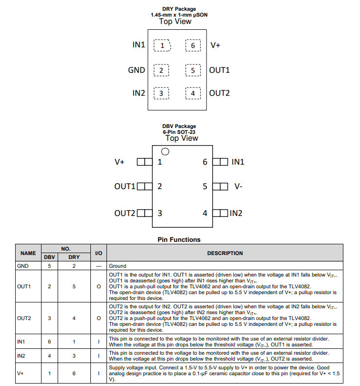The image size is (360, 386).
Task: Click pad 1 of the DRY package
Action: coord(162,45)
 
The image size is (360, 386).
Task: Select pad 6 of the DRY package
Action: coord(193,45)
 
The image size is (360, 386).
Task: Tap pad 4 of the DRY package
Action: coord(193,93)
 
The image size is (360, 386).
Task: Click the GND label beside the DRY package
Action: coord(136,70)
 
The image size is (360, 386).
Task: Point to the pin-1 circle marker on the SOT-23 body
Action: coord(165,151)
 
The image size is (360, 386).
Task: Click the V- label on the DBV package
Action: coord(238,186)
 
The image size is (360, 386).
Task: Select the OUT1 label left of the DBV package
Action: coord(125,186)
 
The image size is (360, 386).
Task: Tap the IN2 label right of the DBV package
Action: coord(236,213)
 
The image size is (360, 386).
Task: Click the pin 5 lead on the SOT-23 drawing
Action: coord(221,186)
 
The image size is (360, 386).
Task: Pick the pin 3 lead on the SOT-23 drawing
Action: coord(144,213)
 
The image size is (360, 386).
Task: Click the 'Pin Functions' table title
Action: coord(179,239)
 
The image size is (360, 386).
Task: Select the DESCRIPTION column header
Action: coord(225,253)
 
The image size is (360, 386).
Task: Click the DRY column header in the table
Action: coord(74,257)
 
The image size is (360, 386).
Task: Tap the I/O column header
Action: coord(98,253)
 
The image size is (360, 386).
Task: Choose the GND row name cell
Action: coord(22,266)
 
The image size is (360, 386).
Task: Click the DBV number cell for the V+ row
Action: coord(49,374)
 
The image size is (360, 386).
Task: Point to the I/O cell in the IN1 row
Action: coord(98,342)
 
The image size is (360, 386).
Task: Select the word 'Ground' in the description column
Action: coord(117,266)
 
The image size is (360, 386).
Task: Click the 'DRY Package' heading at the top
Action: coord(179,9)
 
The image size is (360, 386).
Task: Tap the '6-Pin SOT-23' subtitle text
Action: coord(179,132)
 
